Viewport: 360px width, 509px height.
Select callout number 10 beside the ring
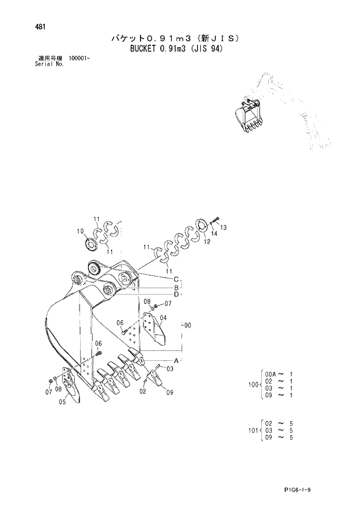pyautogui.click(x=80, y=231)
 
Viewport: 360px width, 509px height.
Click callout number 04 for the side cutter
pyautogui.click(x=164, y=318)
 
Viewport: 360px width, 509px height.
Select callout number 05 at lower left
pyautogui.click(x=61, y=407)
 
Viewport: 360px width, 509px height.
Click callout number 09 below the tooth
pyautogui.click(x=170, y=392)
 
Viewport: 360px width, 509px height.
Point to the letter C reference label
pyautogui.click(x=175, y=279)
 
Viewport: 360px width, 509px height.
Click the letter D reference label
pyautogui.click(x=175, y=294)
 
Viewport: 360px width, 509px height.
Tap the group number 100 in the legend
pyautogui.click(x=251, y=385)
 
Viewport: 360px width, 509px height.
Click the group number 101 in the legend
pyautogui.click(x=251, y=431)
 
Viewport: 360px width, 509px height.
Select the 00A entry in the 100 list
pyautogui.click(x=270, y=374)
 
